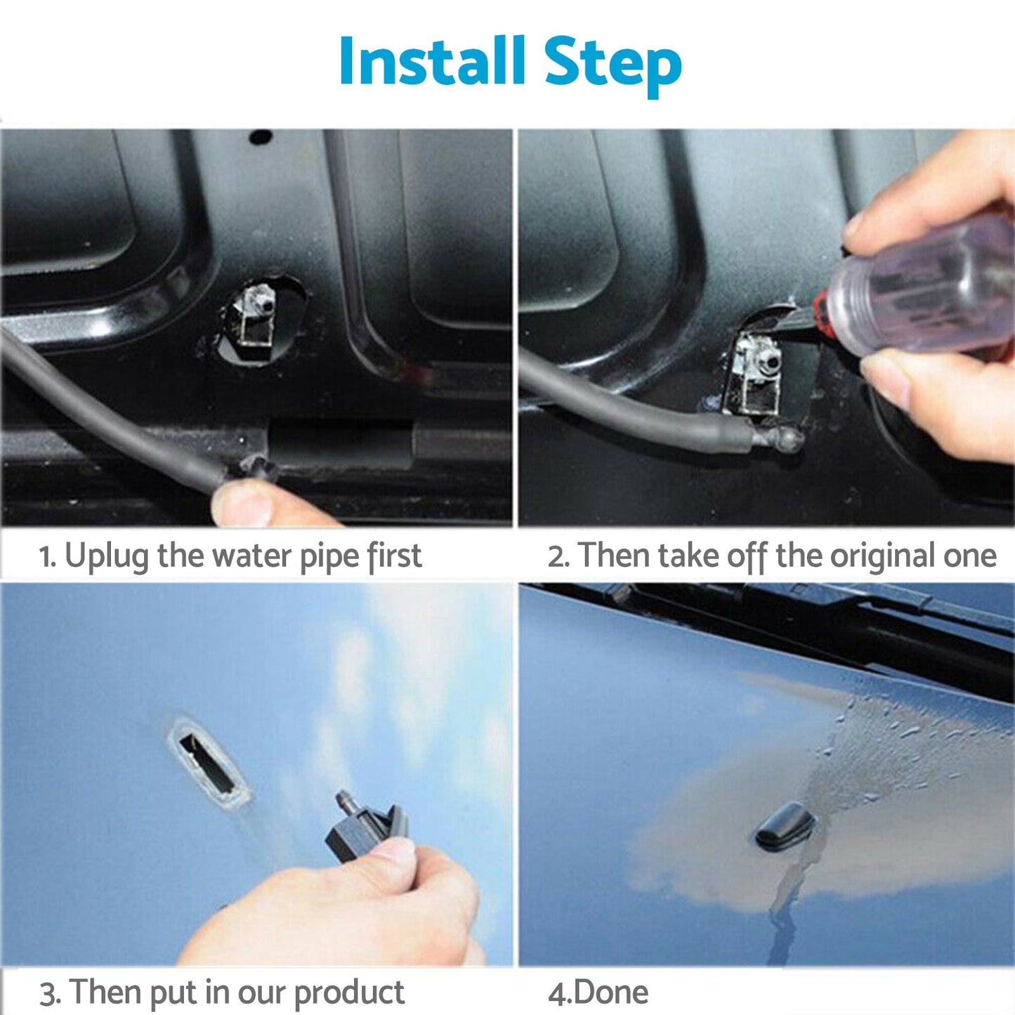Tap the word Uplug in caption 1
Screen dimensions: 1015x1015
(x=106, y=556)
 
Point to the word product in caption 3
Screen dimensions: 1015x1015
(x=348, y=993)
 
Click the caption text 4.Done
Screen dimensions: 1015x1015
(x=598, y=993)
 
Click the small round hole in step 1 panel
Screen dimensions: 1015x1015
(x=261, y=136)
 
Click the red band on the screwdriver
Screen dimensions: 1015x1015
(x=819, y=310)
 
